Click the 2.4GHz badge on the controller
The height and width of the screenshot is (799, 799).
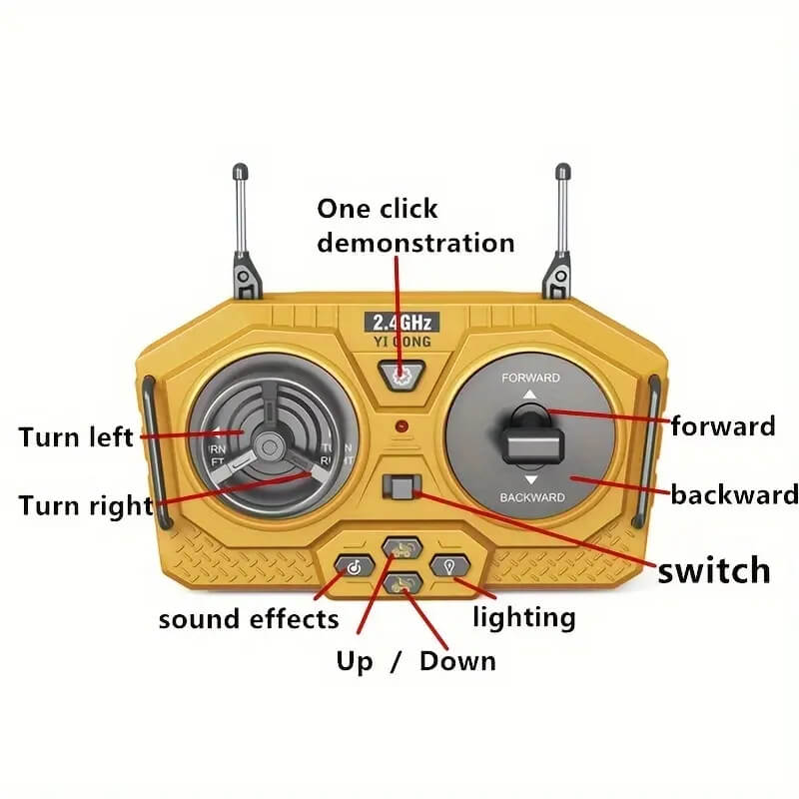[399, 322]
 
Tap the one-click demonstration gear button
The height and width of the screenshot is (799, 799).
[399, 375]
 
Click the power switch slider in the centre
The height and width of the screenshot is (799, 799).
[400, 488]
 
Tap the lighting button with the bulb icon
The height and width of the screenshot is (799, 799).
[448, 566]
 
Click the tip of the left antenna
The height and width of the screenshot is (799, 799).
[240, 171]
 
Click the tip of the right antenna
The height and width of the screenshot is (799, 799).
[562, 171]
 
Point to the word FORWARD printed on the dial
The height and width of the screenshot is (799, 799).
[530, 379]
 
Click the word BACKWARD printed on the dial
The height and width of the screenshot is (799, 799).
[531, 496]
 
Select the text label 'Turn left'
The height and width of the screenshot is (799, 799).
[76, 436]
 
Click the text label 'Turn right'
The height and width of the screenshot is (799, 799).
[85, 504]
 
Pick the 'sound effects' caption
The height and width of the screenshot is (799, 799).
[249, 619]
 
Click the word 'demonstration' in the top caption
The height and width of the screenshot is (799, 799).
[415, 243]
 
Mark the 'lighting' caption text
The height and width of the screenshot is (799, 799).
[523, 617]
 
